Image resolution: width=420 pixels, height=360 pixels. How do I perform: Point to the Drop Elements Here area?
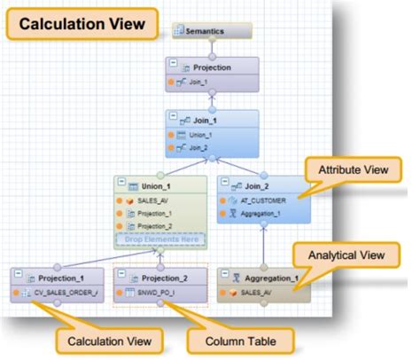159,239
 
